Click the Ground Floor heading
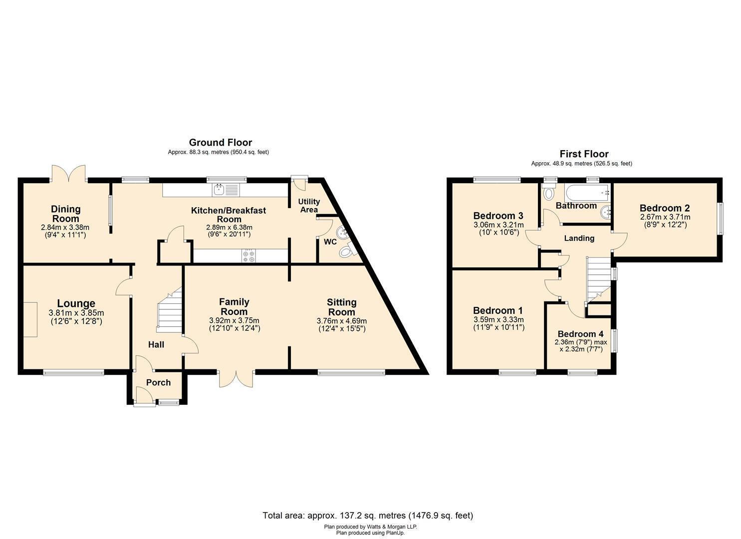[x=221, y=143]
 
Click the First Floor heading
[x=584, y=154]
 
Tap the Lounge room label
[x=76, y=303]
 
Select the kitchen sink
[x=226, y=190]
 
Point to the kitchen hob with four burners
[x=249, y=256]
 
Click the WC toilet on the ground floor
[x=346, y=252]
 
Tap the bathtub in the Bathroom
[x=587, y=193]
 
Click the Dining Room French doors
[x=68, y=173]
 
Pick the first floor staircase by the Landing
[x=598, y=279]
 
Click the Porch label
[x=159, y=382]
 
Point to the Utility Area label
[x=309, y=206]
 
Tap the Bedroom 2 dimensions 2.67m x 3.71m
[x=665, y=217]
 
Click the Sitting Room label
[x=342, y=307]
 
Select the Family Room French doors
[x=236, y=378]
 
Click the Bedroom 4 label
[x=580, y=334]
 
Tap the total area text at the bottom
[x=368, y=515]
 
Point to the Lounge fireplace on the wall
[x=30, y=319]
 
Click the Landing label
[x=579, y=238]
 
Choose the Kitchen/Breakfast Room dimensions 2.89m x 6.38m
[x=229, y=227]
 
